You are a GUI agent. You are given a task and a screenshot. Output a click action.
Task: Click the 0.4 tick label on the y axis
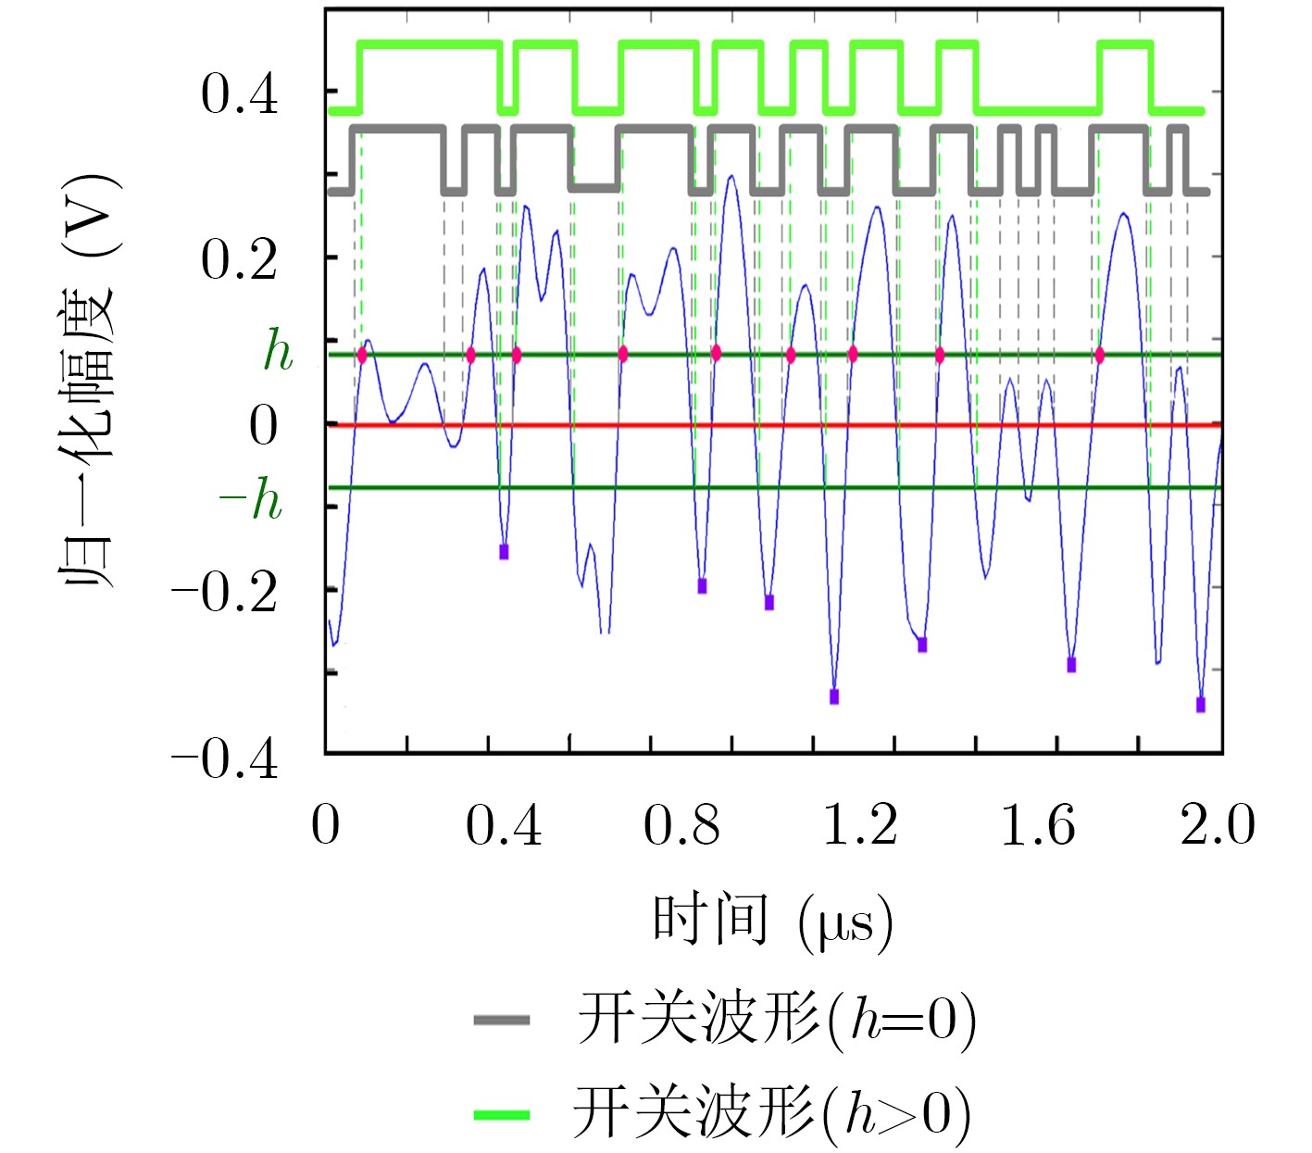point(239,94)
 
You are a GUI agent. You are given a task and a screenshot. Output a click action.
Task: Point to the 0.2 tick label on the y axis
point(239,260)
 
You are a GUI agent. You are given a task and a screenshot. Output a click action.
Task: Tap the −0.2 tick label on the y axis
point(225,593)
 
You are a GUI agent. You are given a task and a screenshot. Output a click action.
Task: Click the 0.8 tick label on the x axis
point(682,824)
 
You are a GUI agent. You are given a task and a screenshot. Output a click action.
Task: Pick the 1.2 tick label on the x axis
point(860,824)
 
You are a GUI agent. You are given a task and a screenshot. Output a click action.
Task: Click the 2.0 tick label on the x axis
point(1217,824)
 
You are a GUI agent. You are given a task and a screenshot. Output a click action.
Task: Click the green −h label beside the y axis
point(251,501)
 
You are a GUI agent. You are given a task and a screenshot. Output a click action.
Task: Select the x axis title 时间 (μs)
point(773,921)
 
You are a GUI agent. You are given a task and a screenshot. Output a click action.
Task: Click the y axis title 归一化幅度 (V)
point(88,380)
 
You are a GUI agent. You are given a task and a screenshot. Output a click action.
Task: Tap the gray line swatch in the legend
point(502,1021)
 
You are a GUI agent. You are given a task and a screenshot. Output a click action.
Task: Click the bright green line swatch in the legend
point(502,1113)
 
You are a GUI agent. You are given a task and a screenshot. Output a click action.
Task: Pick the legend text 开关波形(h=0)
point(776,1021)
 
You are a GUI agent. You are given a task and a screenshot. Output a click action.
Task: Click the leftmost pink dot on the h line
point(362,355)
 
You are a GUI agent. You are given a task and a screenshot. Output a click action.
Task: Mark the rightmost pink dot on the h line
point(1100,355)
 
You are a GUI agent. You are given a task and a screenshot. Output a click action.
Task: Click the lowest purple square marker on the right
point(1201,705)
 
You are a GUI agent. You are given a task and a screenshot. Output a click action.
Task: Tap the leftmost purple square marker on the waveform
point(504,552)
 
